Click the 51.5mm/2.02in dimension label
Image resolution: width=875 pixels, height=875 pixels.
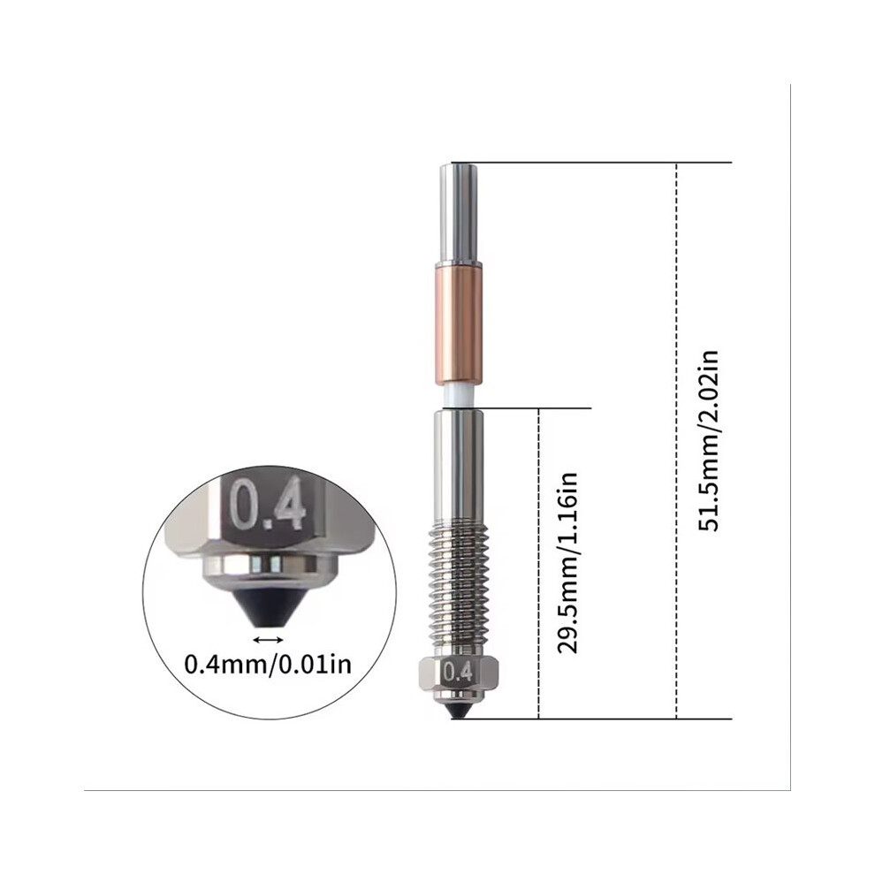pos(709,441)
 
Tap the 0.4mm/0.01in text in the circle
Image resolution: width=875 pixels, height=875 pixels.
pos(269,664)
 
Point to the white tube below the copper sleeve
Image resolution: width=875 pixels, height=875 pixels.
pos(459,397)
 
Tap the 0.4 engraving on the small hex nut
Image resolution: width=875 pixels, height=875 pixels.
pos(458,673)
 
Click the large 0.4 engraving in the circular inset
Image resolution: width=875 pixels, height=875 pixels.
pos(268,504)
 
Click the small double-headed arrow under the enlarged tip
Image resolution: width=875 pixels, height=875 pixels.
pos(269,640)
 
